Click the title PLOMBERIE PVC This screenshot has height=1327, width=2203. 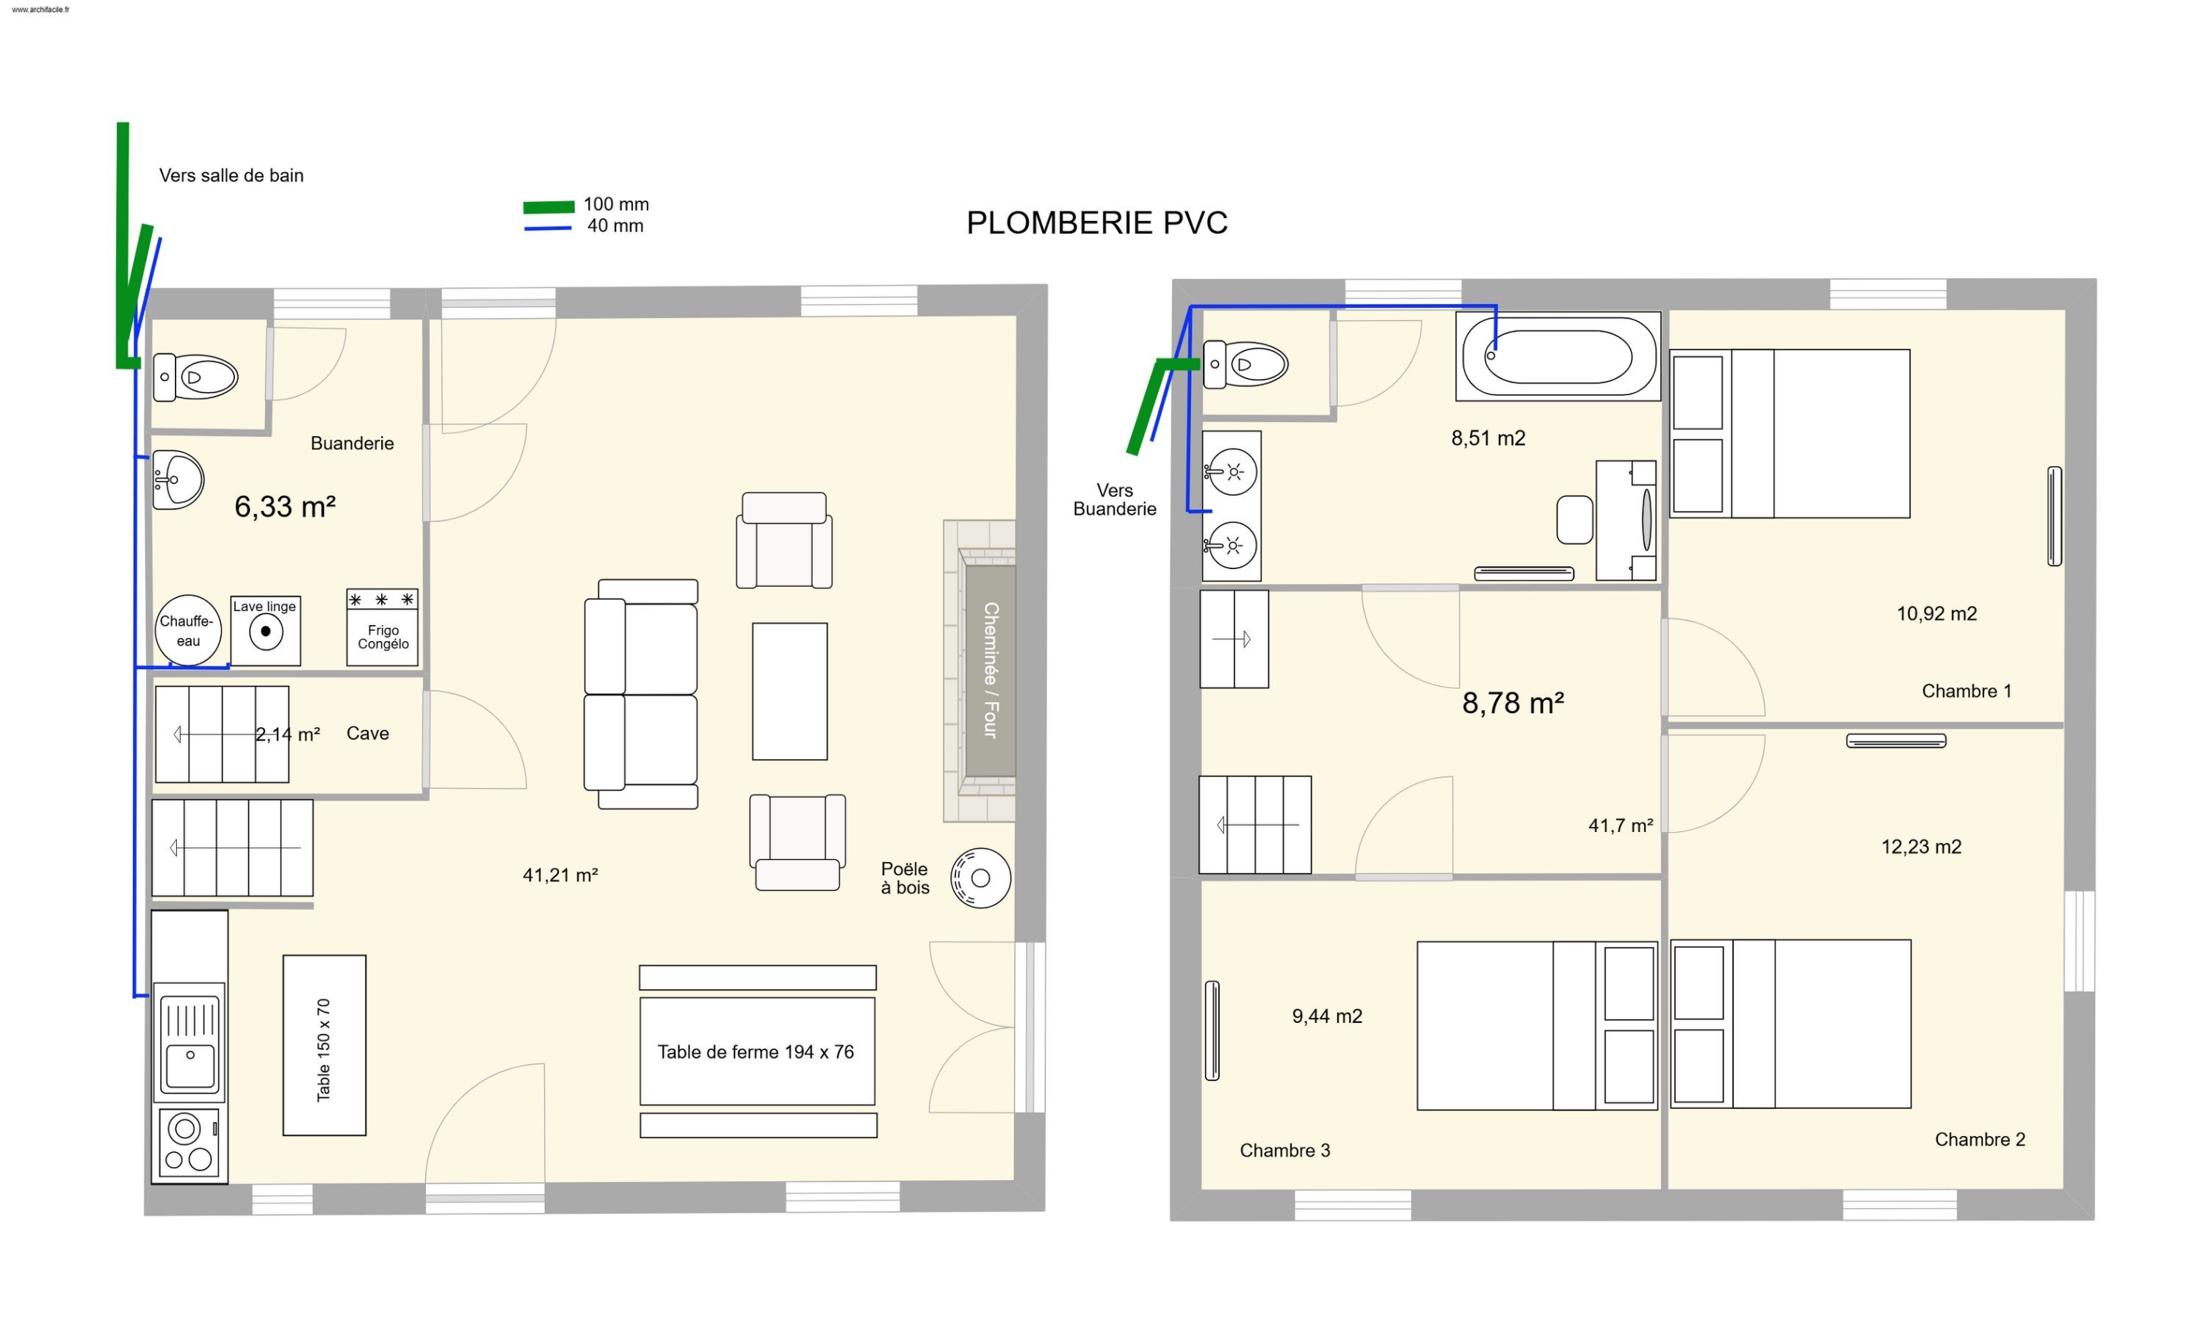(1097, 223)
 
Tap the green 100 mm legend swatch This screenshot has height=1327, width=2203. (549, 207)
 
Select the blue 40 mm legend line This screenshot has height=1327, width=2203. (548, 229)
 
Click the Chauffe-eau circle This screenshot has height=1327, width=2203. (188, 630)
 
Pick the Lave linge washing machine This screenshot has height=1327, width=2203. (266, 632)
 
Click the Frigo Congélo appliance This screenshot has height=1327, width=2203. (383, 627)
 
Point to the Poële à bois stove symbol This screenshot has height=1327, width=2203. (981, 878)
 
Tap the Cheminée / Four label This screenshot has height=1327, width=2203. (991, 670)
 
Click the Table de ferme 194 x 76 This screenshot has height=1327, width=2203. (757, 1052)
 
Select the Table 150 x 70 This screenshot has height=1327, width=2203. (325, 1045)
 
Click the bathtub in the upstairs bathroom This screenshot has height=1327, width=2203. (1558, 356)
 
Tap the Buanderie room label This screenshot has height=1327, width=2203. (352, 444)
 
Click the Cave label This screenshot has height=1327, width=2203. (367, 733)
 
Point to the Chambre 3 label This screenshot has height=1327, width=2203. (1285, 1151)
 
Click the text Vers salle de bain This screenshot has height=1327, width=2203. (231, 176)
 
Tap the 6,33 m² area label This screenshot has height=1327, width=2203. (285, 507)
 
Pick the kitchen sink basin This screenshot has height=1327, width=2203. (190, 1066)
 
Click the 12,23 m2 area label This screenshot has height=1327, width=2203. (1921, 847)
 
